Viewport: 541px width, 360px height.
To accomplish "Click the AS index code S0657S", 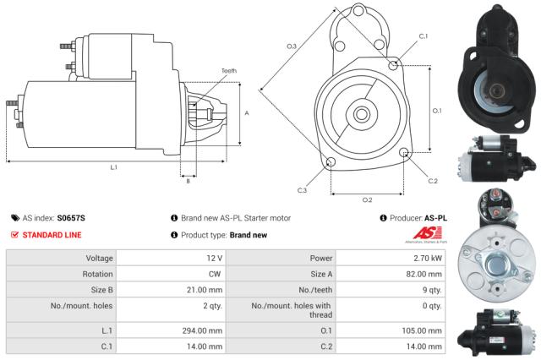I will click(x=72, y=217).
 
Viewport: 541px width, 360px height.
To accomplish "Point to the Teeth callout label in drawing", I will click(x=229, y=70).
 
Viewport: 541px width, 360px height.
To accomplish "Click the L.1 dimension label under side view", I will click(x=112, y=167).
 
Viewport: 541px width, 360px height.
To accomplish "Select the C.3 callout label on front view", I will click(x=302, y=189).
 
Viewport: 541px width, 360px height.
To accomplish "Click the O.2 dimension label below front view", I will click(x=367, y=200).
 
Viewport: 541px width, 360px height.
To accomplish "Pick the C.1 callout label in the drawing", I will click(x=424, y=36).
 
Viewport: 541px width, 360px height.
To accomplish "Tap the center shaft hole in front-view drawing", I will click(x=362, y=112).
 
